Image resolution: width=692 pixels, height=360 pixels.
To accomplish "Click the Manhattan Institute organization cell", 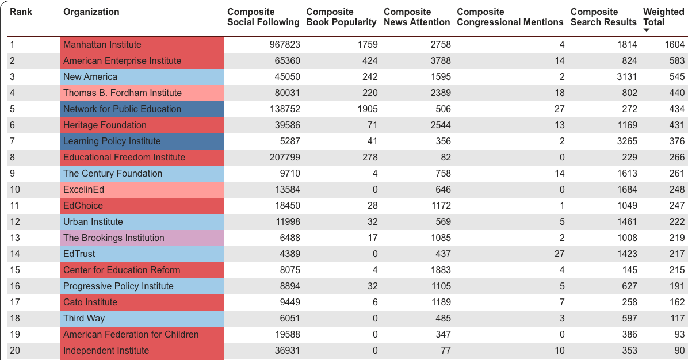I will point(102,45).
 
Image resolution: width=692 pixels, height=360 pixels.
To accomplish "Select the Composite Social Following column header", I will point(263,17).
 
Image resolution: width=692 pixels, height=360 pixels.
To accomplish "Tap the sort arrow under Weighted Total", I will point(647,30).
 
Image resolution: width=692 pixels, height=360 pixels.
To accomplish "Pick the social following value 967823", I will point(285,45).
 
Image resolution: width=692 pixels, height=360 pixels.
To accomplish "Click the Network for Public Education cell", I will point(122,109).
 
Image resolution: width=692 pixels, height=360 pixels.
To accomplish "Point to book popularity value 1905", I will point(366,109).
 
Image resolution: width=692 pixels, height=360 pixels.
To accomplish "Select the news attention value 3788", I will point(439,61).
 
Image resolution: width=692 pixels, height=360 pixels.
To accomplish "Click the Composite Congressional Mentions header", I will point(510,17).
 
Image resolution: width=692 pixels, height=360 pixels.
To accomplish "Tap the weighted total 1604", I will point(675,45).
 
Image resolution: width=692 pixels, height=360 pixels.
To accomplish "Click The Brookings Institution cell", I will point(114,238).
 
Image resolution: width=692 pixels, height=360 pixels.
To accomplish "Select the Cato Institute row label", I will point(90,302).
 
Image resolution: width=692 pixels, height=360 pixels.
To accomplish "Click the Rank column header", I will point(21,12).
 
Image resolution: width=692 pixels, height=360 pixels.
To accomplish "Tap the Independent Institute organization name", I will point(106,351).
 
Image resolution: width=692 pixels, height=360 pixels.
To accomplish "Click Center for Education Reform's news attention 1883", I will point(439,270).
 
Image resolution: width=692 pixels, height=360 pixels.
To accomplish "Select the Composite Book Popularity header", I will point(341,17).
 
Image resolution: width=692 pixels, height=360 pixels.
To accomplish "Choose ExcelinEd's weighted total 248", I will point(676,190).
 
